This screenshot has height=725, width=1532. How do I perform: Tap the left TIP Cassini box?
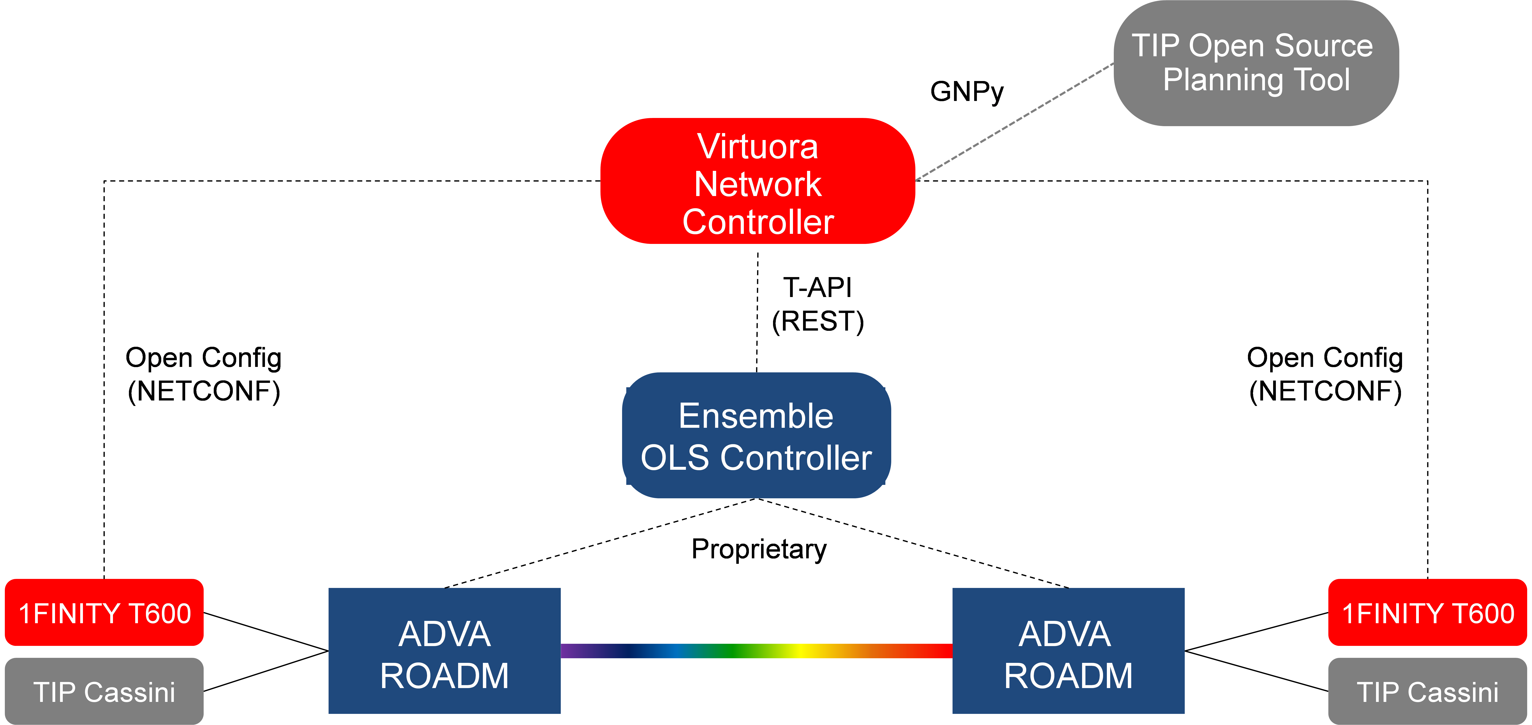[104, 692]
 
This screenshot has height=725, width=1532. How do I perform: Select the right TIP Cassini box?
[1427, 692]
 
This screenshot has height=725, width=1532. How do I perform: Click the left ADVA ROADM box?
[444, 653]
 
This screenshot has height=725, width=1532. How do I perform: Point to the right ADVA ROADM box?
[1068, 653]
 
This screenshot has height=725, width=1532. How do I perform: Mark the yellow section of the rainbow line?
[803, 651]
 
